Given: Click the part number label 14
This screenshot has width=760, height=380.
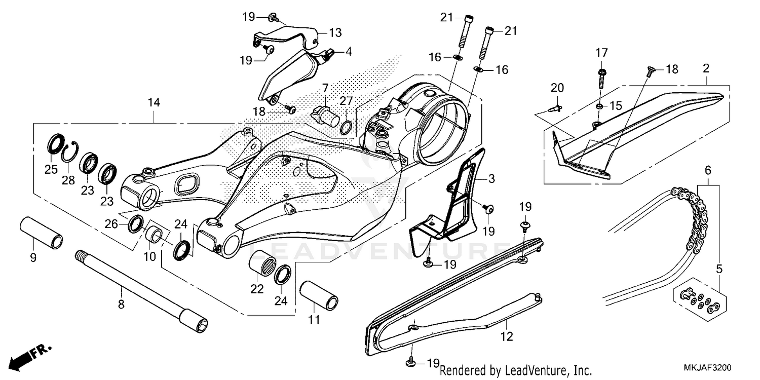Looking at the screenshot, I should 154,103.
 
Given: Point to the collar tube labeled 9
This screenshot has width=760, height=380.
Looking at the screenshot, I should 41,234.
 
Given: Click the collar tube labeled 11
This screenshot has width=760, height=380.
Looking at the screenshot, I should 319,296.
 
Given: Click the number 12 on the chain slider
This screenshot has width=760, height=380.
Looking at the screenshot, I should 507,336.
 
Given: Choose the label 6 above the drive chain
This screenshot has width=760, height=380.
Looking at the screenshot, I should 708,170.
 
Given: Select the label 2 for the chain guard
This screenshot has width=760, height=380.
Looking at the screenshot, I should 706,67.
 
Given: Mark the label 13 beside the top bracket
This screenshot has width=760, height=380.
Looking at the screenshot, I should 335,33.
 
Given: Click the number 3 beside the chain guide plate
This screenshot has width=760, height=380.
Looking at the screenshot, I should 491,179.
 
